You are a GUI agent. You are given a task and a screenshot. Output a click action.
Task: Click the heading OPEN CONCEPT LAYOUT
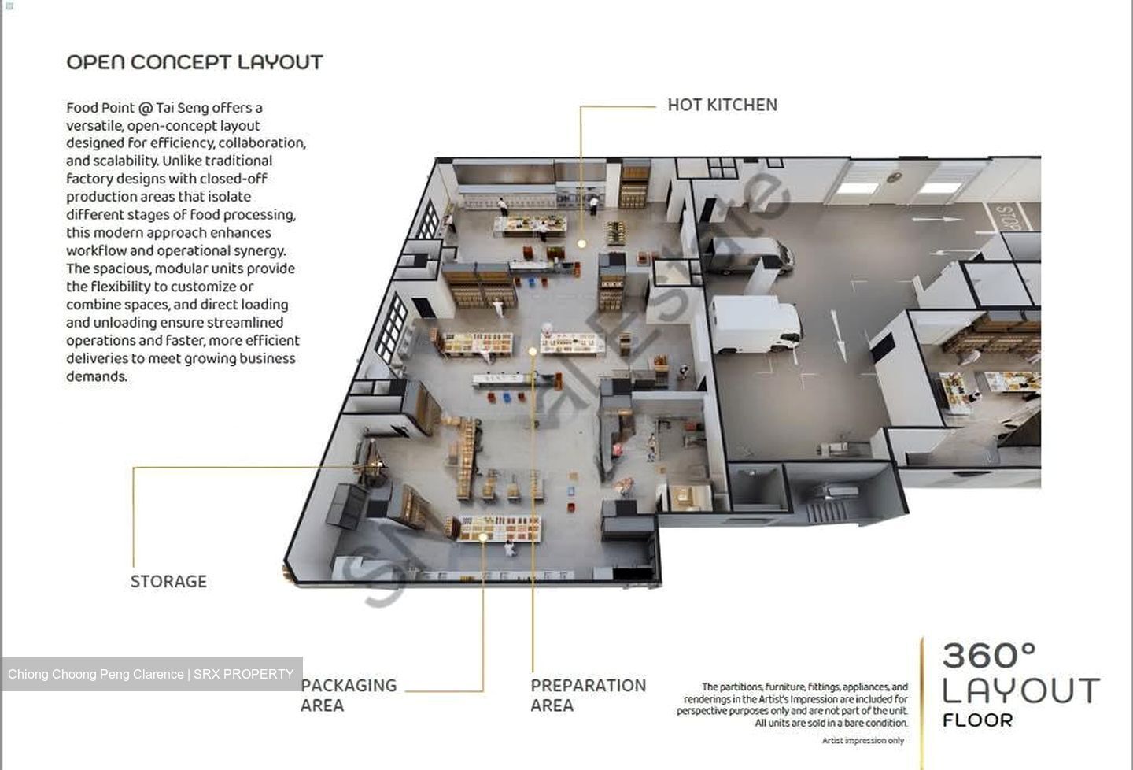[195, 62]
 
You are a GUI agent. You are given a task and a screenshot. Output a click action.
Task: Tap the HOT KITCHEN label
[722, 105]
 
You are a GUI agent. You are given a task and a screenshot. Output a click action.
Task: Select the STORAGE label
[168, 581]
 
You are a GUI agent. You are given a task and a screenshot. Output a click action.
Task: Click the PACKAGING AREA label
[349, 695]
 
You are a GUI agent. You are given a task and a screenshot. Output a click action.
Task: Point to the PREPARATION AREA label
[589, 695]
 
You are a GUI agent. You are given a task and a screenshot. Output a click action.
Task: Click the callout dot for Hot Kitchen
[581, 244]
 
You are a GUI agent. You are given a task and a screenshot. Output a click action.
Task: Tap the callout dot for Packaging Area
[483, 537]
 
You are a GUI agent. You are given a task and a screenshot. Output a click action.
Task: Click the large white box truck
[755, 324]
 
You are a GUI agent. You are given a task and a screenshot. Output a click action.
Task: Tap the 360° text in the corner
[989, 656]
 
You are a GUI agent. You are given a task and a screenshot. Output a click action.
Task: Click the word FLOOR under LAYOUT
[978, 720]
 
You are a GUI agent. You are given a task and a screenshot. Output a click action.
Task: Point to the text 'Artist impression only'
[863, 741]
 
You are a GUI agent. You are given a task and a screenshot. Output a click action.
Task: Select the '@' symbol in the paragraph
[145, 109]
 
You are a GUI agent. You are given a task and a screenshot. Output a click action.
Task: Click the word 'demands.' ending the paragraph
[97, 376]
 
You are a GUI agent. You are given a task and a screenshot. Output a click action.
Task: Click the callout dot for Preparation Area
[533, 351]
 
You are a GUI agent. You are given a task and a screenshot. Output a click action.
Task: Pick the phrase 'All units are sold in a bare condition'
[831, 723]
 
